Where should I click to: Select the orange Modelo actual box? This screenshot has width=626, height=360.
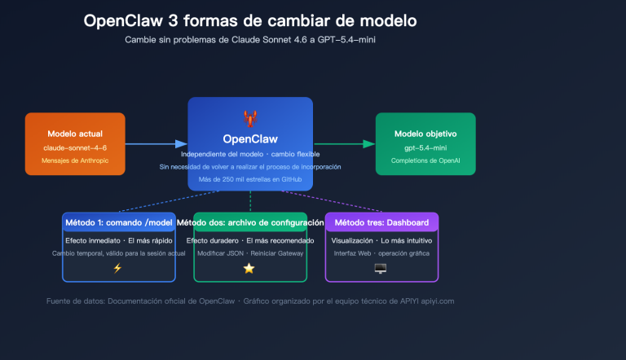pos(75,143)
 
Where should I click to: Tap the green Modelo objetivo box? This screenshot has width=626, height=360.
pos(425,143)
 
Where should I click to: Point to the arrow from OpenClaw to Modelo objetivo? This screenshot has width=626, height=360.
pos(343,144)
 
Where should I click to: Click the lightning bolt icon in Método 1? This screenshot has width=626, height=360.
pos(118,268)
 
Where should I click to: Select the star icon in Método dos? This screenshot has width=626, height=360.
pos(250,268)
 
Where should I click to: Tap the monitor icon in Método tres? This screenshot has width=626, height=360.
pos(381,268)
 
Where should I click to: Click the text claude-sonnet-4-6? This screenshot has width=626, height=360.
pos(74,147)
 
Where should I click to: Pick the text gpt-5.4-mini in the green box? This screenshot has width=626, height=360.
pos(425,147)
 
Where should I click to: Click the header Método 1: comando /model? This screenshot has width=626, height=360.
pos(118,222)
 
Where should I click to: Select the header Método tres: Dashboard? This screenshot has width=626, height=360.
pos(381,222)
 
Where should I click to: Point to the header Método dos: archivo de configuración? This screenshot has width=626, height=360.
pos(250,222)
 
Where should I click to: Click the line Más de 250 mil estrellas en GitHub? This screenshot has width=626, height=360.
pos(250,178)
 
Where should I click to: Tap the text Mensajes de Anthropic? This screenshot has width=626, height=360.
pos(74,161)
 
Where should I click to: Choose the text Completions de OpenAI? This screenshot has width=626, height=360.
pos(425,161)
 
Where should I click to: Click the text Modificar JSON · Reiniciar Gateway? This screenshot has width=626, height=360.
pos(250,253)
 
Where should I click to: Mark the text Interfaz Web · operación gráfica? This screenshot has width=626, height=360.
pos(381,253)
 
